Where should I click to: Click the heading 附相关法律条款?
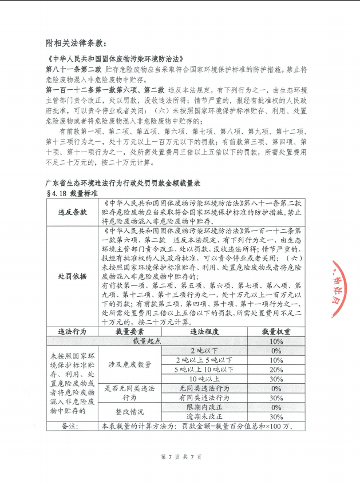(76, 43)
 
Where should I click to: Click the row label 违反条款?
(73, 212)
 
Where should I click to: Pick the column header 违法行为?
(73, 331)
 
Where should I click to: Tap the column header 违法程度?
(204, 331)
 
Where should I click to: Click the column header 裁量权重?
(276, 331)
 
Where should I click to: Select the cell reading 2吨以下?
(204, 351)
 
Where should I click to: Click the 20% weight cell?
(276, 369)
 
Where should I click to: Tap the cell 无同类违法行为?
(204, 388)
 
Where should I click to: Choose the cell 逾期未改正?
(204, 416)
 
